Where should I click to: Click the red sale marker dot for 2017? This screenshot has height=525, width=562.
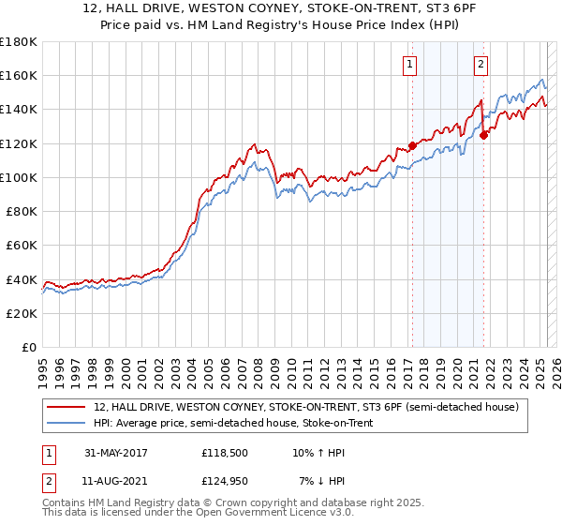point(412,146)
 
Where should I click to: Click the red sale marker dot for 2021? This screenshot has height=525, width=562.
point(484,135)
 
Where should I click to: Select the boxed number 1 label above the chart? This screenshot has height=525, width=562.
point(410,65)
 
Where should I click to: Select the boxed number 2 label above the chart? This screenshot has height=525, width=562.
point(481,65)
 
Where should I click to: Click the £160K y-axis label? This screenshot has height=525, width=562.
point(19,75)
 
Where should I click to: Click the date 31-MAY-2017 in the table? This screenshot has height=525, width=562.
point(116,453)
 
